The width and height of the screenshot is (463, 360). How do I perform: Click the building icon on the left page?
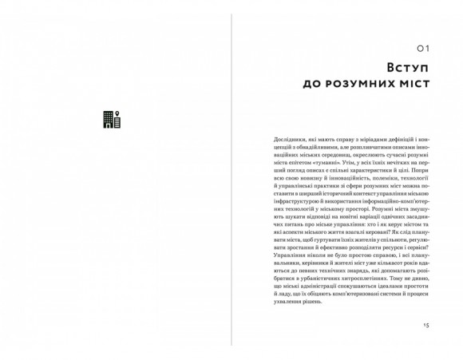(112, 119)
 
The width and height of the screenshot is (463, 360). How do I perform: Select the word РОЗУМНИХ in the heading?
(354, 82)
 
